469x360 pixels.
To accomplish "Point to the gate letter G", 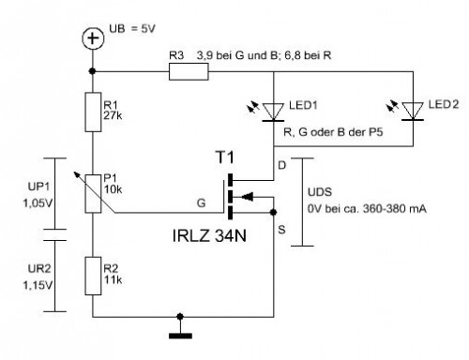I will click(x=199, y=201).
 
